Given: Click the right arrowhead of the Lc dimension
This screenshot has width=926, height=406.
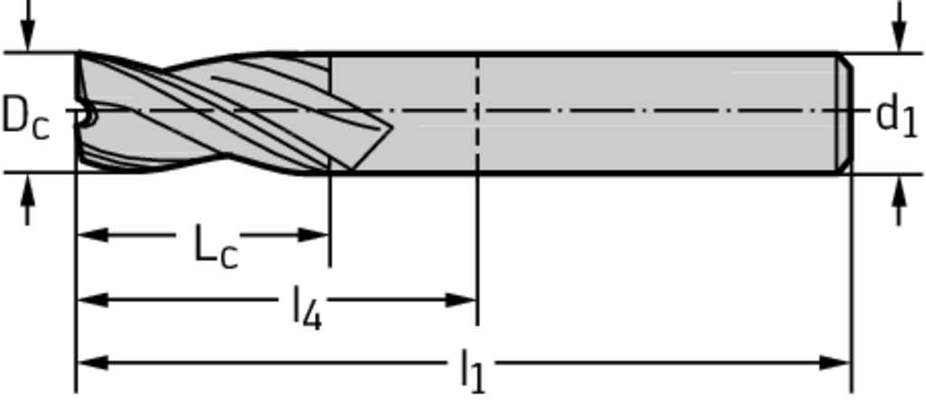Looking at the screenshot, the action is point(314,235).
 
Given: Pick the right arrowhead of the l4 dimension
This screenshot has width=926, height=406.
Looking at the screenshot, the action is point(461,300).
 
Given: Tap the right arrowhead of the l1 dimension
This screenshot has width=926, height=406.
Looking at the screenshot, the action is point(835,363).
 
